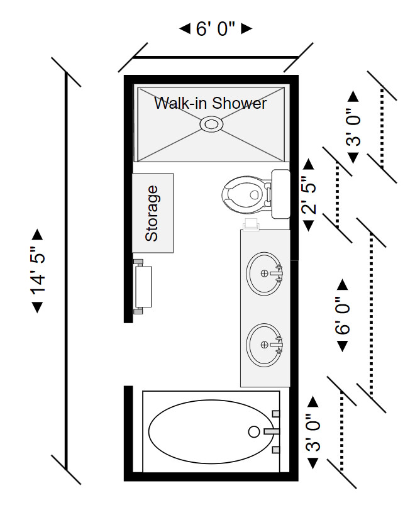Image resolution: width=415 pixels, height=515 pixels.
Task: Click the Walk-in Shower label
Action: pyautogui.click(x=211, y=102)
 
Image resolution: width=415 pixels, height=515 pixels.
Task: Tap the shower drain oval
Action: pyautogui.click(x=211, y=124)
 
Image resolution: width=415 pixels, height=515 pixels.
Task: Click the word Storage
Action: pyautogui.click(x=152, y=213)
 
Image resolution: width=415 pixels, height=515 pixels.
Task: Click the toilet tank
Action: pyautogui.click(x=280, y=194)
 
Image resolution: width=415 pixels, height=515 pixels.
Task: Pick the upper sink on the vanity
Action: pyautogui.click(x=265, y=273)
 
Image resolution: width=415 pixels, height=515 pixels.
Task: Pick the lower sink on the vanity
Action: pyautogui.click(x=265, y=344)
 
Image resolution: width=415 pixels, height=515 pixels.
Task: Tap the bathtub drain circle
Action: pyautogui.click(x=254, y=431)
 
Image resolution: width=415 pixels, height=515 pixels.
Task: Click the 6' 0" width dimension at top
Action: pyautogui.click(x=216, y=29)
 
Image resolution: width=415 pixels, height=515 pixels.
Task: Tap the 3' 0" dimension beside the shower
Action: pyautogui.click(x=353, y=128)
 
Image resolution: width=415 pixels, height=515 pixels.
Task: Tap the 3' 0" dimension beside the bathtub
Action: pyautogui.click(x=312, y=432)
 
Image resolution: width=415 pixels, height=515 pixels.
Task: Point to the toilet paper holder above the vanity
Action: pyautogui.click(x=252, y=223)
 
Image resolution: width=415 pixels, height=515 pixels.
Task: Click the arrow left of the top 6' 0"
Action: pyautogui.click(x=185, y=28)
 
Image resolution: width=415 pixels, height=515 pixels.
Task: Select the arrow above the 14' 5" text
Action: pyautogui.click(x=38, y=235)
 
